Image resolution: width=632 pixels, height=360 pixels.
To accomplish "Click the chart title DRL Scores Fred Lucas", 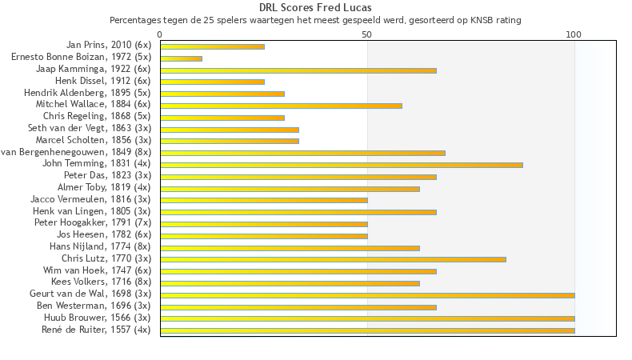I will coord(315,8).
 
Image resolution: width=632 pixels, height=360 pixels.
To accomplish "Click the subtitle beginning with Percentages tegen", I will coord(315,19).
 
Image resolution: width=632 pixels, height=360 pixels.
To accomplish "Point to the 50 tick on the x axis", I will coord(367,34).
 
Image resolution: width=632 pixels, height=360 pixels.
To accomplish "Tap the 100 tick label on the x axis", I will coord(574,34).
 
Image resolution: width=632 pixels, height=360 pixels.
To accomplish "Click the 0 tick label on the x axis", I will coord(160,34).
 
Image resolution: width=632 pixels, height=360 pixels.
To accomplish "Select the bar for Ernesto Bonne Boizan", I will coord(181,58).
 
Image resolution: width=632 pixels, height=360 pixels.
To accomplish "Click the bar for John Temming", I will coord(342,165).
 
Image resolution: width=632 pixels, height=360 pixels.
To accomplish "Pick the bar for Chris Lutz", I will coord(333,259).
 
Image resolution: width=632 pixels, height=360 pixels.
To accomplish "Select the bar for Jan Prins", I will coord(212,46).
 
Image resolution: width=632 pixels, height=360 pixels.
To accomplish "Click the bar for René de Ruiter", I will coord(367,330).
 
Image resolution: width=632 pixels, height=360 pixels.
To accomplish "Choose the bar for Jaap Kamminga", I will coord(298,70).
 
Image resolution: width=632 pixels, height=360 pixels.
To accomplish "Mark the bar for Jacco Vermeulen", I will coord(264,200).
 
